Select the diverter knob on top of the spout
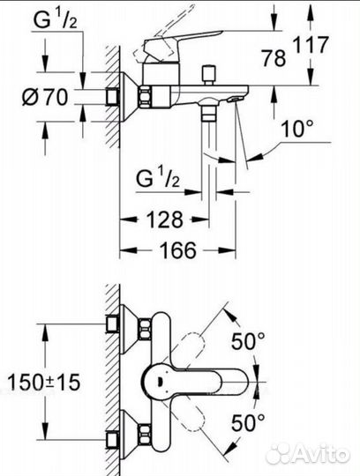(x=213, y=71)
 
